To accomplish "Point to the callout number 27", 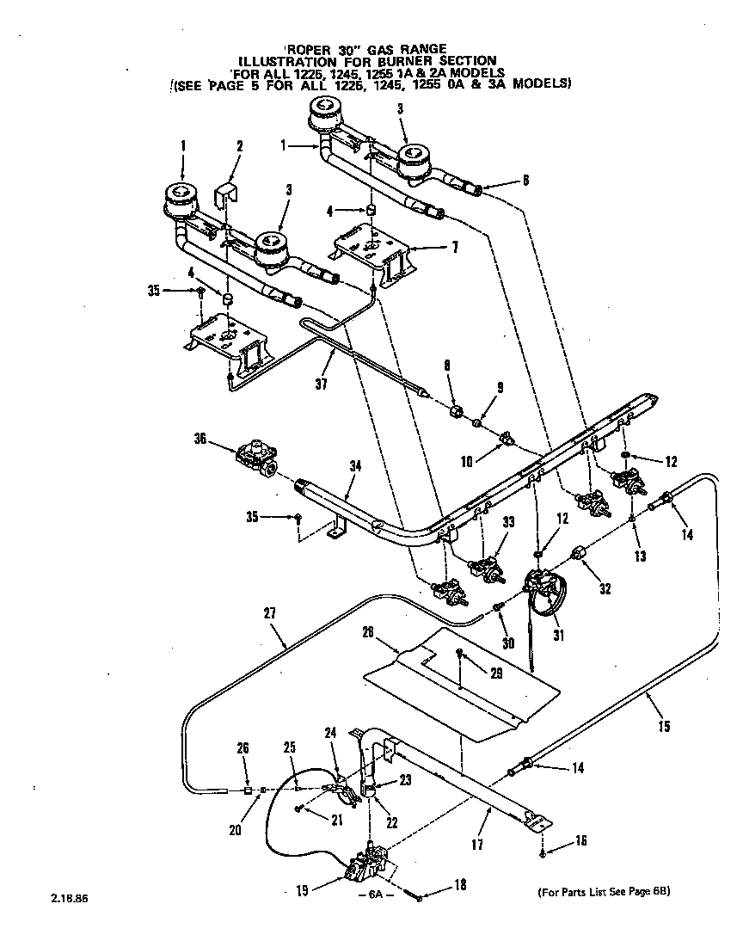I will (270, 615).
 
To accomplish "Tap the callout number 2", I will (240, 145).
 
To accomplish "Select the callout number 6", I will (525, 180).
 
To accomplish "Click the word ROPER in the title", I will (310, 49).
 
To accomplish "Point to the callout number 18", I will (459, 885).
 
